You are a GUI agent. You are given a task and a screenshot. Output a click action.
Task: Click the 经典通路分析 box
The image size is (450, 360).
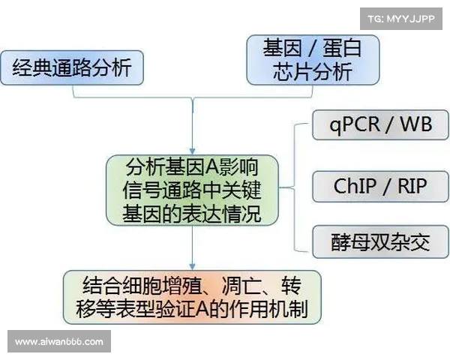[71, 69]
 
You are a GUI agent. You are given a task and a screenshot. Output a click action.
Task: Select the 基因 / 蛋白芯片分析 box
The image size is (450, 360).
[313, 60]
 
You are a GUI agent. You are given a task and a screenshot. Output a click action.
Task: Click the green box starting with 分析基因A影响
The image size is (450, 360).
[193, 189]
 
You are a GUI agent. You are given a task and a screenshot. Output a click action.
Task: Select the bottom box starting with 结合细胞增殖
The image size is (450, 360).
[193, 297]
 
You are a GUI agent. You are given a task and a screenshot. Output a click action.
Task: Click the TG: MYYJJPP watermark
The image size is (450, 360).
[400, 19]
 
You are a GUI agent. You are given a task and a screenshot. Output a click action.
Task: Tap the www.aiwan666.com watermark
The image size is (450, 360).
[59, 341]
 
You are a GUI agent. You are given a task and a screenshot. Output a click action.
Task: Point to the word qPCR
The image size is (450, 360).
[355, 124]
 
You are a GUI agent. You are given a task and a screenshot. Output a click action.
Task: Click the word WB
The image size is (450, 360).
[416, 124]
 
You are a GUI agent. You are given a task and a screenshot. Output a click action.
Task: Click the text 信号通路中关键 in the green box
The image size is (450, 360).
[193, 189]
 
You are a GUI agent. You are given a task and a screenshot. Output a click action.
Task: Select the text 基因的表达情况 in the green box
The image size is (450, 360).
[193, 213]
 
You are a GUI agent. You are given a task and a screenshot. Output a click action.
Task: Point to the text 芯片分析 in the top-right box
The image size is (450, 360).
[312, 73]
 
